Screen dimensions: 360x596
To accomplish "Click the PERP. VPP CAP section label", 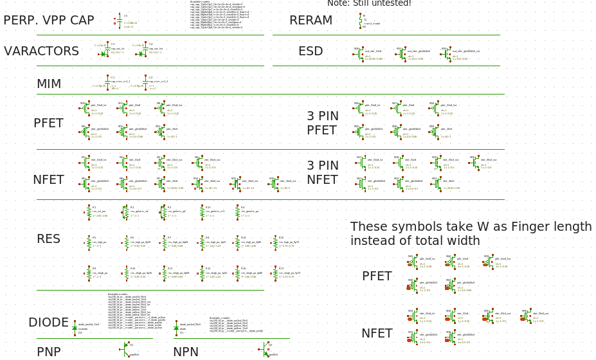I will [x=49, y=21].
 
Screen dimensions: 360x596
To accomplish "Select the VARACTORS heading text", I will [x=42, y=51].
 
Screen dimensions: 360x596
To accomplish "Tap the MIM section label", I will [x=49, y=84].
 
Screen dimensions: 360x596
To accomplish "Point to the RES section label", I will [x=48, y=239].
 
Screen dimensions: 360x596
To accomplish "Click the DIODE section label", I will [x=48, y=323].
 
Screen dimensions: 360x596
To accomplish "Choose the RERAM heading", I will [x=311, y=21].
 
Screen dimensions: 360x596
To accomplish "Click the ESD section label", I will [x=311, y=51].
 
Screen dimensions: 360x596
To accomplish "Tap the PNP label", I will [x=49, y=352].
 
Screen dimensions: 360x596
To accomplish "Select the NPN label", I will [x=186, y=352].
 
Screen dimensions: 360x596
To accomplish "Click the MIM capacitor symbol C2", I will [x=143, y=84].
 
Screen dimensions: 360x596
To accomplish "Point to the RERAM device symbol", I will [x=361, y=21].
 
